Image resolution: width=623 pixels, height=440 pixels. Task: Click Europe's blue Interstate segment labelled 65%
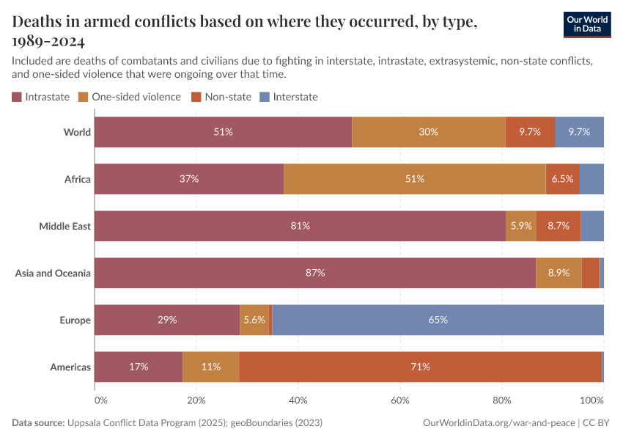[438, 320]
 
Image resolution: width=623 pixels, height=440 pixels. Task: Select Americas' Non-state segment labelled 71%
[420, 367]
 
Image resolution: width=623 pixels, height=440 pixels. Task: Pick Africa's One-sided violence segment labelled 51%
[414, 179]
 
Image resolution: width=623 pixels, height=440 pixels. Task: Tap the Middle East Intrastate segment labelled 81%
[300, 226]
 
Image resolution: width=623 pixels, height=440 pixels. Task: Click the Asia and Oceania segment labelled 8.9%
[559, 273]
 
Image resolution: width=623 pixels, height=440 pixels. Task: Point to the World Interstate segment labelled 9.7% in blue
[579, 132]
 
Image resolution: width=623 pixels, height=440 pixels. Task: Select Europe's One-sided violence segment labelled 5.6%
[254, 320]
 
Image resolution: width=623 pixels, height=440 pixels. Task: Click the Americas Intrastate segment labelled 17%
[139, 367]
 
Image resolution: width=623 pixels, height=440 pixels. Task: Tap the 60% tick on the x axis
[400, 401]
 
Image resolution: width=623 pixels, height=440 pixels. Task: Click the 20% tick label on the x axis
[196, 401]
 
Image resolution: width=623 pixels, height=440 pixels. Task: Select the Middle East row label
[64, 226]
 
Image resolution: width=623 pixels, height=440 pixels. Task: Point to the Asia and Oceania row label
[53, 273]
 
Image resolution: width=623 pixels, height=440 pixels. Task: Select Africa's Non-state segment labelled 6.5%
[562, 179]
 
